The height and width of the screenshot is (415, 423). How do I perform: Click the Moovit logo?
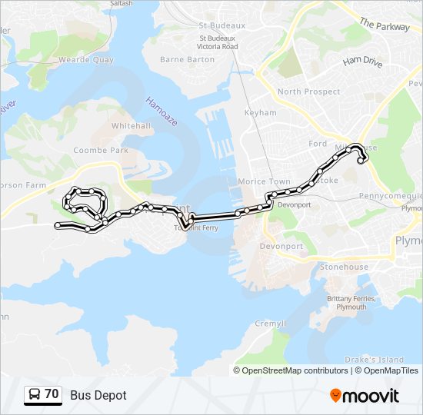click(x=365, y=395)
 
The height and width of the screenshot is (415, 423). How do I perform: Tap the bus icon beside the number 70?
click(x=35, y=395)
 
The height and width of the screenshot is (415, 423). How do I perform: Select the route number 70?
click(x=52, y=394)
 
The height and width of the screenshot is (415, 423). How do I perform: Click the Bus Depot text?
click(x=98, y=396)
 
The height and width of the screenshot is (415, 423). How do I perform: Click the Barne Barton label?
click(x=188, y=59)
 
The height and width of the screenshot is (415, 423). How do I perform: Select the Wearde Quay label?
click(x=86, y=59)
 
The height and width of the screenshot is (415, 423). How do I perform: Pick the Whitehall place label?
click(x=131, y=125)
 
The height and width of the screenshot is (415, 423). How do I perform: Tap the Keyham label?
click(x=260, y=113)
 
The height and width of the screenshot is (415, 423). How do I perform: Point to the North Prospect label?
click(x=308, y=92)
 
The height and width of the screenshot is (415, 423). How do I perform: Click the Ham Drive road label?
click(x=362, y=61)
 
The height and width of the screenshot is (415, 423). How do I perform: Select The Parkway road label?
click(x=385, y=25)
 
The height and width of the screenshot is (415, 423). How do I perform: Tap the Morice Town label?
click(x=264, y=181)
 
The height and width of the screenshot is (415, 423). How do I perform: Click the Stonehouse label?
click(x=341, y=267)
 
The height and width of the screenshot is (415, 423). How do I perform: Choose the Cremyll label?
click(x=270, y=324)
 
